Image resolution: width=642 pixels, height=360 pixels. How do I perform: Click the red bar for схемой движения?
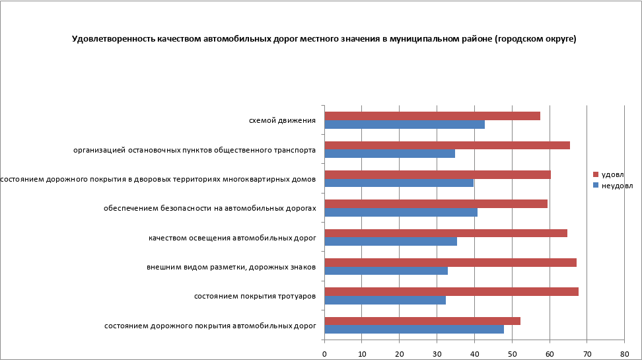pyautogui.click(x=432, y=116)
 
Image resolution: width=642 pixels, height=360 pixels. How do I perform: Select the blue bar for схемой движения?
pyautogui.click(x=404, y=124)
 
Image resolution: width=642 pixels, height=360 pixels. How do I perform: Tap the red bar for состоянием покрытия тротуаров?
pyautogui.click(x=451, y=291)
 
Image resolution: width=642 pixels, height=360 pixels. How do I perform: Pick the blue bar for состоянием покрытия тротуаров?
pyautogui.click(x=385, y=300)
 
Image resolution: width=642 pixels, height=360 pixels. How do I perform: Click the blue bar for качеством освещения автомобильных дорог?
pyautogui.click(x=390, y=241)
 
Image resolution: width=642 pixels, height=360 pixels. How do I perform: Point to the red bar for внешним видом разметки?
pyautogui.click(x=450, y=262)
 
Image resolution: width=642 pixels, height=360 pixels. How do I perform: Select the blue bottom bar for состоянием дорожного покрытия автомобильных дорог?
pyautogui.click(x=414, y=329)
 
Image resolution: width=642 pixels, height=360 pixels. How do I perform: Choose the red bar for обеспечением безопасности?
pyautogui.click(x=436, y=203)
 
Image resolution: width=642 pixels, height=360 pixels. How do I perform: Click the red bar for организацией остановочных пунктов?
pyautogui.click(x=447, y=145)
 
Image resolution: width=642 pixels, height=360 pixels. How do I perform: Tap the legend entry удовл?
pyautogui.click(x=612, y=174)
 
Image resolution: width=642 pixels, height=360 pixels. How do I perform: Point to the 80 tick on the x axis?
pyautogui.click(x=624, y=354)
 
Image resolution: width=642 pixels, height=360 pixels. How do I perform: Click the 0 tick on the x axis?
pyautogui.click(x=324, y=354)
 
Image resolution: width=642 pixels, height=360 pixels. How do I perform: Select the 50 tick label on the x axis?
pyautogui.click(x=511, y=354)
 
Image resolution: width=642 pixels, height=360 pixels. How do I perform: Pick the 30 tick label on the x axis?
pyautogui.click(x=437, y=354)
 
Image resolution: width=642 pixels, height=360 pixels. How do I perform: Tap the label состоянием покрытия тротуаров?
pyautogui.click(x=255, y=297)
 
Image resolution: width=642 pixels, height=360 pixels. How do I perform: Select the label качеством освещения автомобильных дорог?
pyautogui.click(x=232, y=238)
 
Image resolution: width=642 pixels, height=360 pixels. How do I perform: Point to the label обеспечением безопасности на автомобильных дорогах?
pyautogui.click(x=210, y=209)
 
